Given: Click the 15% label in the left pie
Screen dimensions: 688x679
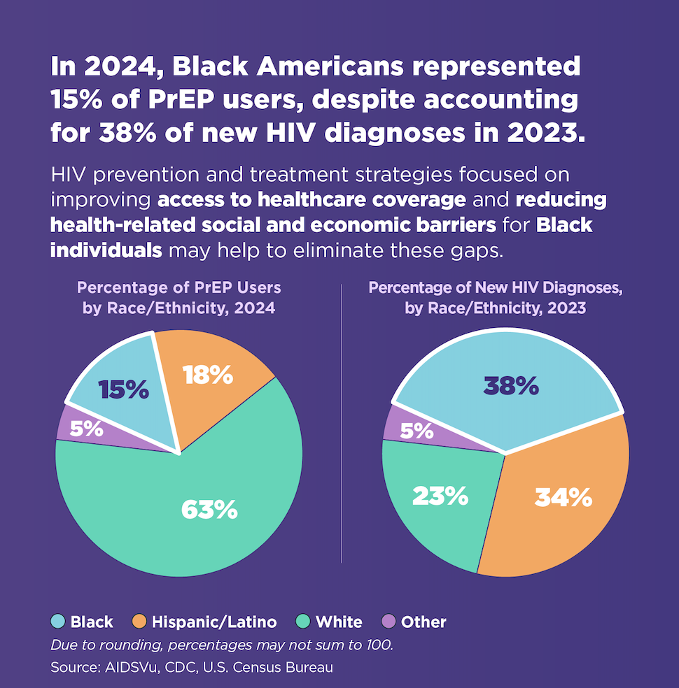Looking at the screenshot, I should tap(123, 390).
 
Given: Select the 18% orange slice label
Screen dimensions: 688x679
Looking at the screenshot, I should tap(207, 375).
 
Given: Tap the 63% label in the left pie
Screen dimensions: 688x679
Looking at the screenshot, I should tap(209, 510).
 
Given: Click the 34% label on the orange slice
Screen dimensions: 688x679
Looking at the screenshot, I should tap(563, 497).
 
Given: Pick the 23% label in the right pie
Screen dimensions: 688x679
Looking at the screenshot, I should tap(440, 496).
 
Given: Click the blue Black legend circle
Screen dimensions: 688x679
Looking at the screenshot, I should tap(58, 622).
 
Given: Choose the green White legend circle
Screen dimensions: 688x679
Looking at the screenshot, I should tap(303, 622).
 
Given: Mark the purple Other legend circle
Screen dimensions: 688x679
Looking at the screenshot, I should tap(388, 622).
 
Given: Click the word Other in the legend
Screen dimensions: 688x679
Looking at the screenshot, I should tap(424, 622).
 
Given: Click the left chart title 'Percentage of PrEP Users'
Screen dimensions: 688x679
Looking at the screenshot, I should tap(179, 288).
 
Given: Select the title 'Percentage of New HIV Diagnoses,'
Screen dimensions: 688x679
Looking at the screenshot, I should tap(495, 288).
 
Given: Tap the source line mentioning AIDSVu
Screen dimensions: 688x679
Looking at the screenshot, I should tap(192, 667).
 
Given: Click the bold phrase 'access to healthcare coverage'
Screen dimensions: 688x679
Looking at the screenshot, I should tap(311, 200).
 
